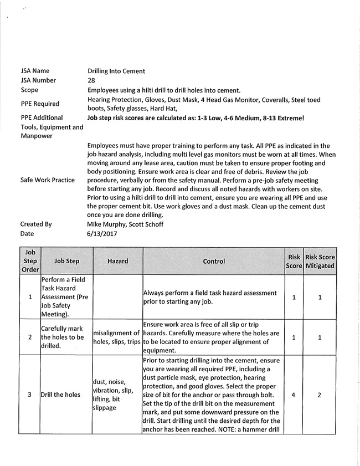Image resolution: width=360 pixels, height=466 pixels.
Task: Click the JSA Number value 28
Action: click(91, 80)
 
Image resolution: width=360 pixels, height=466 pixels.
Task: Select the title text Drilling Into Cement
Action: click(116, 71)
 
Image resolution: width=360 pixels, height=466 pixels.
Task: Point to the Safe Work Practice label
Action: click(48, 180)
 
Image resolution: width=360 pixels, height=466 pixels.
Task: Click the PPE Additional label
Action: click(42, 118)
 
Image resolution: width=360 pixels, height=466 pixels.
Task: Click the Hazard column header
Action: click(117, 261)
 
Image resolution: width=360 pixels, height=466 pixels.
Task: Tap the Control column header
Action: click(214, 261)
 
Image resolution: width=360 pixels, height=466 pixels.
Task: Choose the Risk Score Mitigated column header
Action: click(320, 261)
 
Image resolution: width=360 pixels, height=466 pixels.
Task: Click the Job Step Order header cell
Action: click(30, 261)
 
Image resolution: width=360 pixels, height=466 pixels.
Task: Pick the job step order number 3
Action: click(30, 395)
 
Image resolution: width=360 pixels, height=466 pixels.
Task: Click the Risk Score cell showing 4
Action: click(294, 395)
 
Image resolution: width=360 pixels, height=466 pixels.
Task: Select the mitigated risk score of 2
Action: click(320, 395)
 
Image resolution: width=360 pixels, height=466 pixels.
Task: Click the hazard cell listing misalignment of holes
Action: click(117, 337)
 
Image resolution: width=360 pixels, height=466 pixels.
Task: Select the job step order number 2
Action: click(30, 337)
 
